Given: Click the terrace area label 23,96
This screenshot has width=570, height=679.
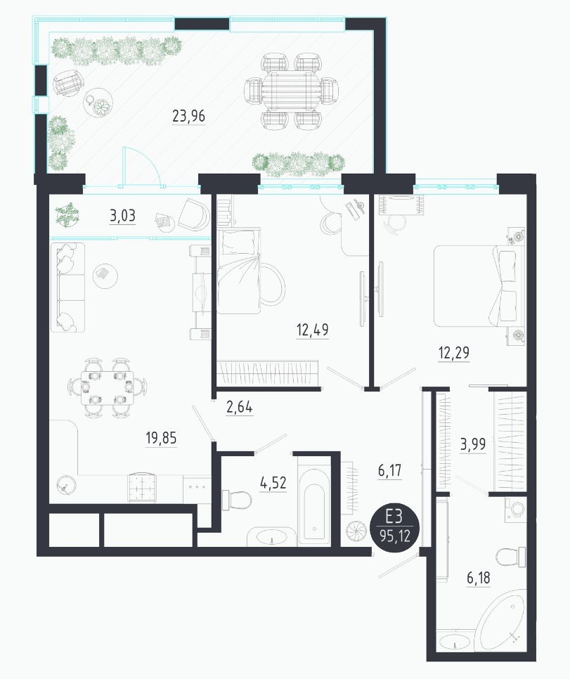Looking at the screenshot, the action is [189, 116].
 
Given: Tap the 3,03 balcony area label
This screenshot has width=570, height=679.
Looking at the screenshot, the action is [122, 215].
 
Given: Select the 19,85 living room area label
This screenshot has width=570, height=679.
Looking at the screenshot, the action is [161, 438].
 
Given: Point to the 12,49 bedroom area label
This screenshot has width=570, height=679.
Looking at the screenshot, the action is [312, 330].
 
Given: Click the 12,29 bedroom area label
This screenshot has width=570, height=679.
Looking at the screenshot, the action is [453, 353].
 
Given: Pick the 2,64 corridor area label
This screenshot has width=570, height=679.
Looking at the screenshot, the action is [240, 408].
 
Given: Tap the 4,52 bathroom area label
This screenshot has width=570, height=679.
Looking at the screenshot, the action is [273, 482].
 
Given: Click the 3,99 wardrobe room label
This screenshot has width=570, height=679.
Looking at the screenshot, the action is [472, 444].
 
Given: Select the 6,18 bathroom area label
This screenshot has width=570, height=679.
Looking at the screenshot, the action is [479, 578].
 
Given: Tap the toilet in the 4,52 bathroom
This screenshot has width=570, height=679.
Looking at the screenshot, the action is [236, 501].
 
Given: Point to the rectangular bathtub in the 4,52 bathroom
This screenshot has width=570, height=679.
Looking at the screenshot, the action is [314, 506].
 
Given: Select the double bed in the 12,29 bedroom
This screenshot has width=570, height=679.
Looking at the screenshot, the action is [475, 286].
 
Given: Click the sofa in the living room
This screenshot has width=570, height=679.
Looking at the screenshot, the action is [67, 287].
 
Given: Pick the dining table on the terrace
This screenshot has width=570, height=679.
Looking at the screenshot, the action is [290, 91].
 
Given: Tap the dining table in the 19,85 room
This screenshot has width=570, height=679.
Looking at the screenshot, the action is [108, 387].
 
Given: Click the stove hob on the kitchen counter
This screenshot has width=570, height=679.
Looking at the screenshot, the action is [142, 487].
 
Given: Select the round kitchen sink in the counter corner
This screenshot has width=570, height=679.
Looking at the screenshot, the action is [66, 485].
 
